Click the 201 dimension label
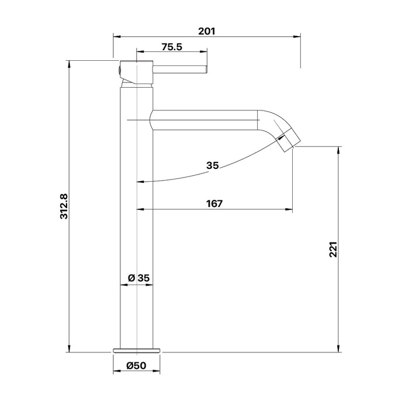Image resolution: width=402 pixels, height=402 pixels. tap(207, 32)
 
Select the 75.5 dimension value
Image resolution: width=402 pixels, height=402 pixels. tap(172, 47)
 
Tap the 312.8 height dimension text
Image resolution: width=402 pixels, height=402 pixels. tap(64, 206)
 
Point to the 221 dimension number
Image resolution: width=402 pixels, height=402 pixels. tap(333, 249)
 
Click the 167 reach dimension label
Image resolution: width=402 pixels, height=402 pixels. tap(214, 203)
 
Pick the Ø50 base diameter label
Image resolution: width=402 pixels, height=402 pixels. tap(136, 366)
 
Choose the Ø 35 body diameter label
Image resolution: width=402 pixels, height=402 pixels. tap(138, 278)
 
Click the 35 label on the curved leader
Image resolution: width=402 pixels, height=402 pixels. tap(213, 165)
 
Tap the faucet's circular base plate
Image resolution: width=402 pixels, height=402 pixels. tap(136, 351)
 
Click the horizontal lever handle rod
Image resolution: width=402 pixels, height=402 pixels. tap(180, 69)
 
